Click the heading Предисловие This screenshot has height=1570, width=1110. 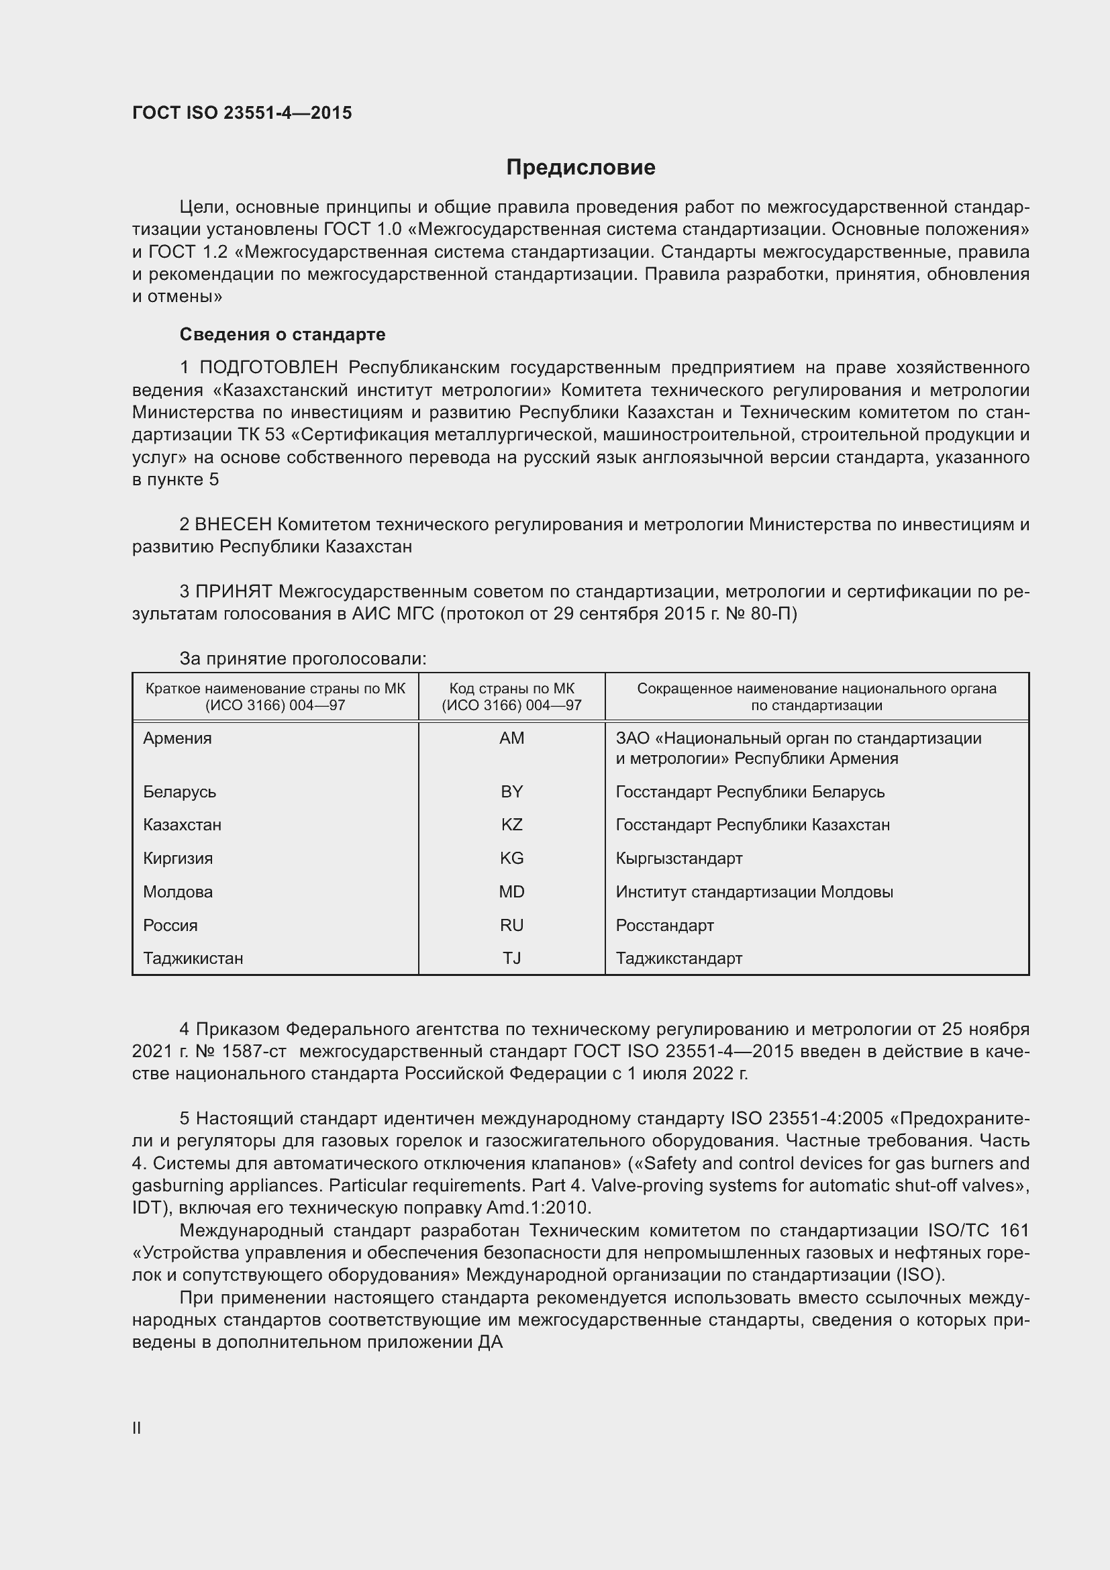(x=581, y=168)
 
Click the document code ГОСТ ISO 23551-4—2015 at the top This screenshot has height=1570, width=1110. (x=242, y=113)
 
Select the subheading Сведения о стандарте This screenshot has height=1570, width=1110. (x=283, y=334)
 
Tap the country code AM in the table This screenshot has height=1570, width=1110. (x=511, y=738)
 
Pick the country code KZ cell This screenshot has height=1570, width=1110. (x=511, y=825)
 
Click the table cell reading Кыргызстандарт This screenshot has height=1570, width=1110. (x=678, y=858)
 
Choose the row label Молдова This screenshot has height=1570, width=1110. (x=178, y=891)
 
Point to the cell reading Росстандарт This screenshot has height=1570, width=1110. (x=664, y=925)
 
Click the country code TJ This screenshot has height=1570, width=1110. (x=511, y=958)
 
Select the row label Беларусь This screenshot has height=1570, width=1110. (x=179, y=792)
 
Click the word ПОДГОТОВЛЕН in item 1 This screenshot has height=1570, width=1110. (x=268, y=368)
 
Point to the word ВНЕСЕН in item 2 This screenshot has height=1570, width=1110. (x=233, y=524)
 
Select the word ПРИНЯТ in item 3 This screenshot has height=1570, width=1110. (x=234, y=591)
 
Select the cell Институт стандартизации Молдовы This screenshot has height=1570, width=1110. (x=754, y=891)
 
